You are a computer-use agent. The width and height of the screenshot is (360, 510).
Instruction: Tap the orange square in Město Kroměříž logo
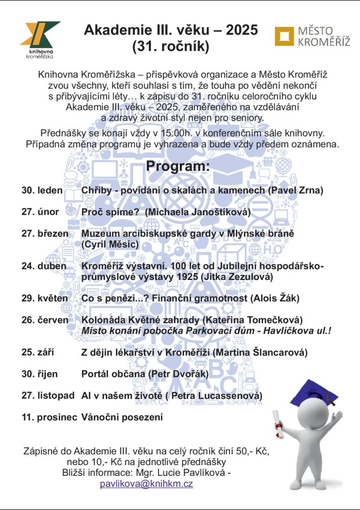[x=284, y=36]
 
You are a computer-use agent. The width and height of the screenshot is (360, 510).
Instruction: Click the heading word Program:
[x=177, y=167]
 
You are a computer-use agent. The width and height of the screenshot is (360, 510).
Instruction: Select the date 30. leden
[x=42, y=191]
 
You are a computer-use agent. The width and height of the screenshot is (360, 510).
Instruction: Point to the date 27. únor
[x=40, y=212]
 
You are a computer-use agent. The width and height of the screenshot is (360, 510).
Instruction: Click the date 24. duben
[x=44, y=266]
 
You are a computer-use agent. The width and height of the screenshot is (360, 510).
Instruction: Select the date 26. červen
[x=45, y=320]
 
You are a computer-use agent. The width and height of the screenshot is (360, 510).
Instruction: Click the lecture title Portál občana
[x=113, y=374]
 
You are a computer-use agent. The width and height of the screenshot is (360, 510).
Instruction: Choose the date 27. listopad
[x=48, y=396]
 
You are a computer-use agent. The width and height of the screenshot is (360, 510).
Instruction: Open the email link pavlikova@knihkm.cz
[x=146, y=484]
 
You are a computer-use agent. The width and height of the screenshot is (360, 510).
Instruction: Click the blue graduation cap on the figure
[x=315, y=391]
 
